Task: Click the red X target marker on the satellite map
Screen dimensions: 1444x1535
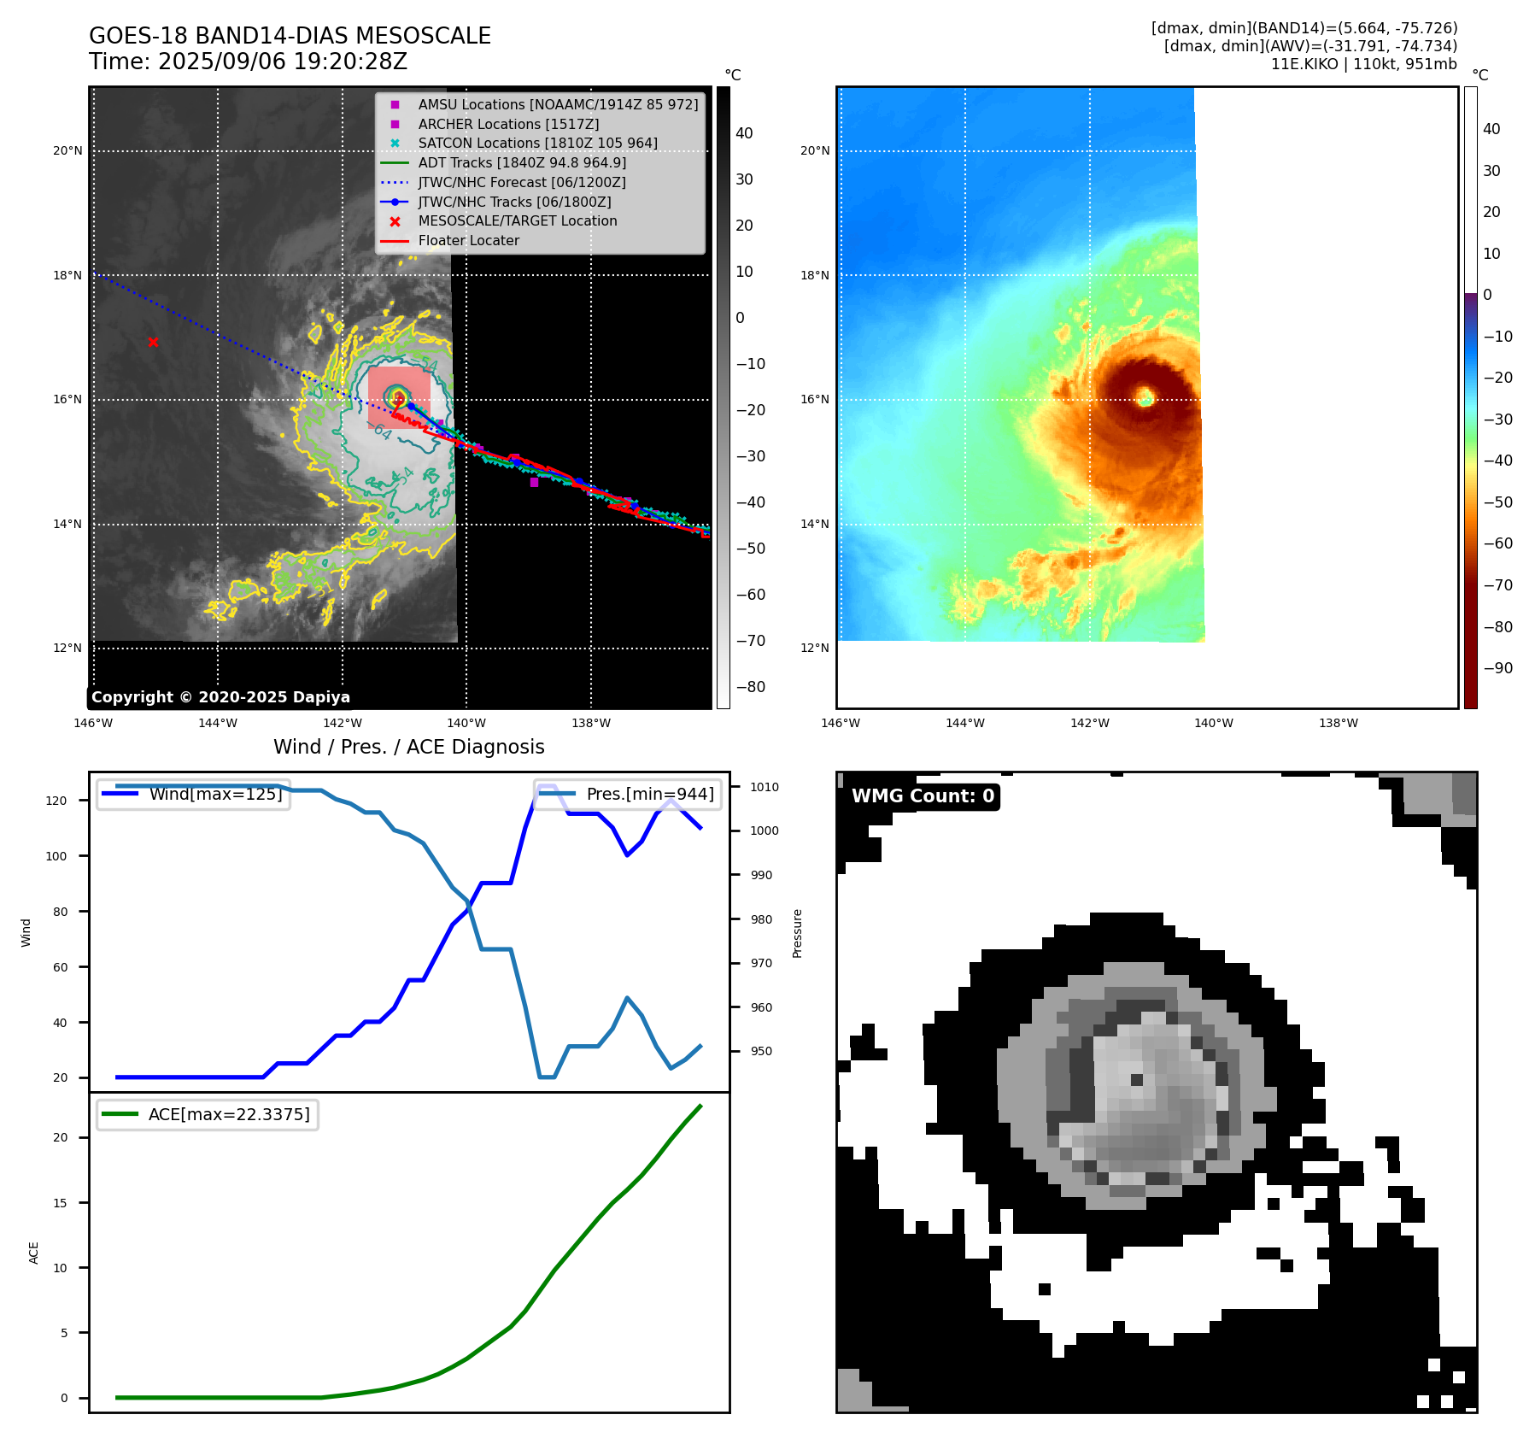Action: click(153, 343)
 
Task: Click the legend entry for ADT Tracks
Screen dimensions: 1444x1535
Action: click(521, 162)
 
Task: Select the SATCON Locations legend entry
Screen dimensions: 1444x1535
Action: click(537, 143)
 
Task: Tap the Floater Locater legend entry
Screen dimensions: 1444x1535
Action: click(468, 240)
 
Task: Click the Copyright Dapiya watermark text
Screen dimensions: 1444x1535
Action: click(220, 697)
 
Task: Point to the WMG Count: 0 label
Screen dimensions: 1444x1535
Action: click(923, 796)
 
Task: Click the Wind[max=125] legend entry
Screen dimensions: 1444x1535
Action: click(215, 794)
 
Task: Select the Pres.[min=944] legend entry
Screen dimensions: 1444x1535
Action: click(649, 794)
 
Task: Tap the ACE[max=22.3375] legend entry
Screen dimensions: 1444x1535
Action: click(228, 1114)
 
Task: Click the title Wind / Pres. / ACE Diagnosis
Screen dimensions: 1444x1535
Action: click(408, 747)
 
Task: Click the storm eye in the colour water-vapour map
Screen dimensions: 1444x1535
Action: click(1145, 396)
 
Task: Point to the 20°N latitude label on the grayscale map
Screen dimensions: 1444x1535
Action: click(68, 151)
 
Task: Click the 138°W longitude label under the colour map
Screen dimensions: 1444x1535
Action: click(1338, 723)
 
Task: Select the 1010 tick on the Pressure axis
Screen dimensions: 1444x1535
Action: click(765, 787)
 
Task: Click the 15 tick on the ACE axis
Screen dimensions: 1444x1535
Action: click(60, 1203)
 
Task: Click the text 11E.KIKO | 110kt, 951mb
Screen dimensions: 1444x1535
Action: click(1363, 64)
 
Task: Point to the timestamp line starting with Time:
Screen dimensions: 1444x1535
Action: click(248, 62)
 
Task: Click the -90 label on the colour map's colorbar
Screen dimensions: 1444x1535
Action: click(1498, 668)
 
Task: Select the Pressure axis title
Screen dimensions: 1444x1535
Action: click(797, 933)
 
